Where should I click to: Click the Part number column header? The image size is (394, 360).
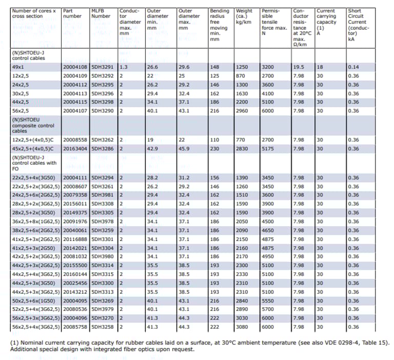(71, 13)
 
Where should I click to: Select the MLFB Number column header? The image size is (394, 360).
(101, 13)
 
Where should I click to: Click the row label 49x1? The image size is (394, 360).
(18, 67)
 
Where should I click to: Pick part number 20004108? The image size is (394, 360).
(75, 67)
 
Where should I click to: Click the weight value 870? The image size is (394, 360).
(241, 76)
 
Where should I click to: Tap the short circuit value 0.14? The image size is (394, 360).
(353, 67)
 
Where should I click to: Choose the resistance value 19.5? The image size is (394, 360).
(299, 67)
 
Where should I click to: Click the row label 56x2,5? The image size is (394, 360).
(20, 110)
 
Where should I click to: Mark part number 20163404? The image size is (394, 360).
(75, 148)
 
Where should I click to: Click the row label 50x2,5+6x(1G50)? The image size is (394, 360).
(33, 301)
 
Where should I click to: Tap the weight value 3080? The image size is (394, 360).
(242, 327)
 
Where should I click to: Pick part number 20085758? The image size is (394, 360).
(75, 327)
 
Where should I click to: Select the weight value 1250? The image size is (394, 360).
(242, 67)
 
